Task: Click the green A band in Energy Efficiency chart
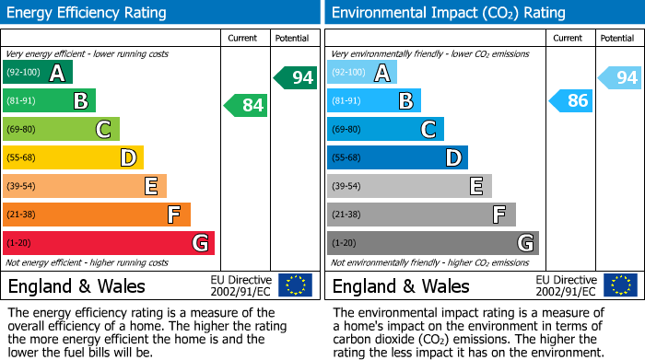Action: point(38,73)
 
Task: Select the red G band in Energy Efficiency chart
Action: point(109,243)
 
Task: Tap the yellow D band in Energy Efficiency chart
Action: point(73,157)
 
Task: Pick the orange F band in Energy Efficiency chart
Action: point(97,215)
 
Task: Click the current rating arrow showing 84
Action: point(246,106)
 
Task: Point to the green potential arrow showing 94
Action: point(295,77)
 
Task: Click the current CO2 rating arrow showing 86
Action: point(570,101)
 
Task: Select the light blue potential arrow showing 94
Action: point(619,77)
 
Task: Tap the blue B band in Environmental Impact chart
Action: point(374,101)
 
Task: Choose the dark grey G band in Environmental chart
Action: point(433,243)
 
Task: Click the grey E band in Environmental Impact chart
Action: point(409,186)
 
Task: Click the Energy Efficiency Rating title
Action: point(88,13)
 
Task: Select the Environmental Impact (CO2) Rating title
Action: point(448,13)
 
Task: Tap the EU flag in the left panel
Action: point(295,285)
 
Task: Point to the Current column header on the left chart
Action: point(242,38)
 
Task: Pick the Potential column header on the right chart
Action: point(616,38)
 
